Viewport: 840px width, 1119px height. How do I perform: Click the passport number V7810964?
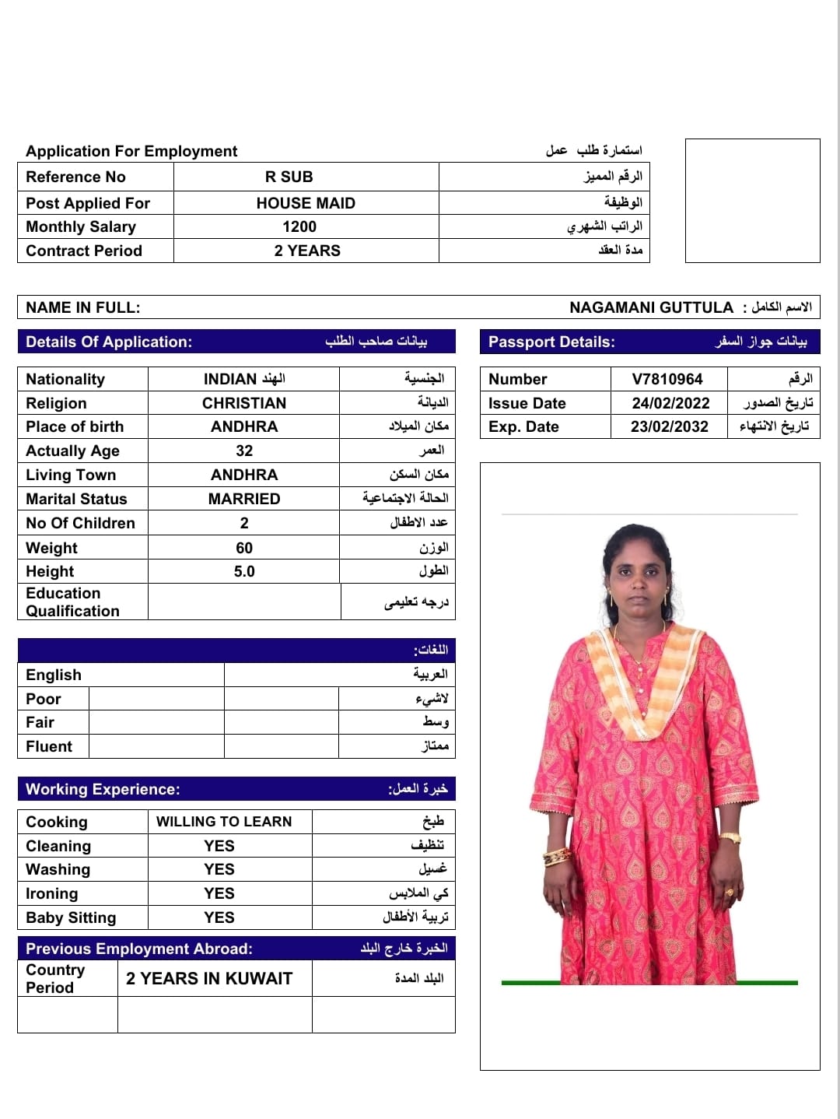(x=667, y=379)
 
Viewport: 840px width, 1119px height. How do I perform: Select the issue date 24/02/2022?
(x=670, y=403)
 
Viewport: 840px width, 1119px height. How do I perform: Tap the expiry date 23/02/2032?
(x=670, y=426)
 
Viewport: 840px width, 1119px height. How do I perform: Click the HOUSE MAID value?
(x=306, y=203)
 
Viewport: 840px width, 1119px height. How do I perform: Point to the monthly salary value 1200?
(x=299, y=226)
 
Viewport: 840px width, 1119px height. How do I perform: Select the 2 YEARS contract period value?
(x=307, y=251)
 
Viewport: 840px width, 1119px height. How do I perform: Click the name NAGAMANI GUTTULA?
(x=651, y=307)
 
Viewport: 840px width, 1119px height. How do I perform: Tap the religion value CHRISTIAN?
(x=244, y=403)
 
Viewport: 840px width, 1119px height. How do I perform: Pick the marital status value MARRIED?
(x=244, y=499)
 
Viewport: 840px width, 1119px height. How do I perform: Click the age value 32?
(x=244, y=451)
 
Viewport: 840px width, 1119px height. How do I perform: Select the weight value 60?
(x=244, y=548)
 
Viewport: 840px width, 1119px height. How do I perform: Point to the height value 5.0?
(x=244, y=571)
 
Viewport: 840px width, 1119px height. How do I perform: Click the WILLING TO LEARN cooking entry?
(x=224, y=822)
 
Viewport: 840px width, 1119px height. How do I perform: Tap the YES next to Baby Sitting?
(x=219, y=917)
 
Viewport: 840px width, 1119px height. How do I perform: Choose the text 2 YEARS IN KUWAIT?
(x=209, y=978)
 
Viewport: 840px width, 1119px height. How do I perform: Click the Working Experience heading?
(x=103, y=789)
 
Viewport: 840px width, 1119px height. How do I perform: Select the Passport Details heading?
(x=551, y=342)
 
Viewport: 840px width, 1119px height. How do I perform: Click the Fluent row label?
(x=49, y=746)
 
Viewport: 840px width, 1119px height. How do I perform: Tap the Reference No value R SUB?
(x=289, y=177)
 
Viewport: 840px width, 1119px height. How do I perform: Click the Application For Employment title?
(x=131, y=151)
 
